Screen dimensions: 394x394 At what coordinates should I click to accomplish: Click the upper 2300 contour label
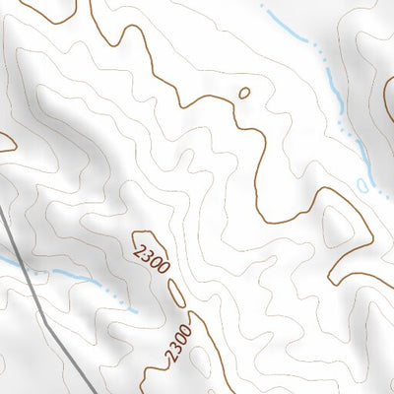point(151,252)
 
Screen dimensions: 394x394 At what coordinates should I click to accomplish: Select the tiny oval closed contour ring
point(244,94)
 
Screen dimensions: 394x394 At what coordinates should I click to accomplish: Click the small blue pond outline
point(363,184)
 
